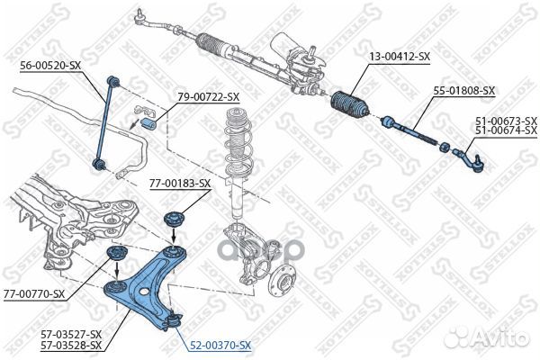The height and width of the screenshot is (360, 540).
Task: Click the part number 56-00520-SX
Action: pos(49,66)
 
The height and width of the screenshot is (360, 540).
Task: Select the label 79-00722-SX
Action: pos(209,97)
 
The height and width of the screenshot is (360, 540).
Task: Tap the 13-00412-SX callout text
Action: pos(400,57)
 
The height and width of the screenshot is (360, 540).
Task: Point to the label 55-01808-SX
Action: pos(463,91)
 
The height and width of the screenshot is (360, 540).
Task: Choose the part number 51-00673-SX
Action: pos(506,121)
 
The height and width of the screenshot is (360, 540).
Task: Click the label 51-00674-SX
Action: pos(506,130)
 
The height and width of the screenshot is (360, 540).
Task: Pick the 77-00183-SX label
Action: pos(180,184)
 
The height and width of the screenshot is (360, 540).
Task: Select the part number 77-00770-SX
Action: pos(34,294)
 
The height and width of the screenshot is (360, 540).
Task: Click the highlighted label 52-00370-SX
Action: pos(220,345)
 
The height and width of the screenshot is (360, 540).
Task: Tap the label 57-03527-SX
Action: pos(71,334)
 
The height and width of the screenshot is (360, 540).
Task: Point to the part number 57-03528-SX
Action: pos(71,345)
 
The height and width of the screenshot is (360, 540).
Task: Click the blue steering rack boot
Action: pos(349,104)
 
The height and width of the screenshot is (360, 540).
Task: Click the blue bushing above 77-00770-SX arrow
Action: pos(116,254)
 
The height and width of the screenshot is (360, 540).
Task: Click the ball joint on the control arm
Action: pos(173,320)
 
